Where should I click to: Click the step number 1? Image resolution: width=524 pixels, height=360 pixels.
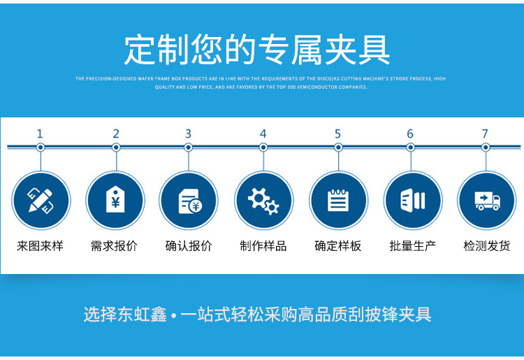(x=40, y=134)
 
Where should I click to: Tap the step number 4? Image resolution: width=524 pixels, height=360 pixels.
(x=263, y=134)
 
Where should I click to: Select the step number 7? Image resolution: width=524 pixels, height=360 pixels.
(x=485, y=134)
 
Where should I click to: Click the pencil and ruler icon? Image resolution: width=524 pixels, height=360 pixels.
(x=41, y=200)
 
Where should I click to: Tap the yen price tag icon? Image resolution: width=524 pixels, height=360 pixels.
(x=115, y=200)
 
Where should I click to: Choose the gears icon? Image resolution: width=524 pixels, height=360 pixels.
(x=263, y=200)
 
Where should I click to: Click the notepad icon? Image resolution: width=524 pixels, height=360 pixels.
(x=338, y=200)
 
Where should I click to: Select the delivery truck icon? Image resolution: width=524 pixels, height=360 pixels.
(x=486, y=200)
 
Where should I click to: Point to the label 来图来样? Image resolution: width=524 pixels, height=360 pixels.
(x=40, y=246)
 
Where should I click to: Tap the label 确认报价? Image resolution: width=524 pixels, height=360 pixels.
(x=189, y=246)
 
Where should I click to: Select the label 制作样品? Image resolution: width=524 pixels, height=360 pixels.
(x=263, y=246)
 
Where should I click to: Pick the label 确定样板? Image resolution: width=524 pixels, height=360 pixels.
(x=338, y=246)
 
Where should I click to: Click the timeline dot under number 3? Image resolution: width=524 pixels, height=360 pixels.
(x=188, y=147)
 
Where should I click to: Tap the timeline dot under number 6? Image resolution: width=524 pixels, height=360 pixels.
(x=411, y=147)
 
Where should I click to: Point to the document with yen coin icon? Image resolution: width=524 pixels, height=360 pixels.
(x=189, y=200)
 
